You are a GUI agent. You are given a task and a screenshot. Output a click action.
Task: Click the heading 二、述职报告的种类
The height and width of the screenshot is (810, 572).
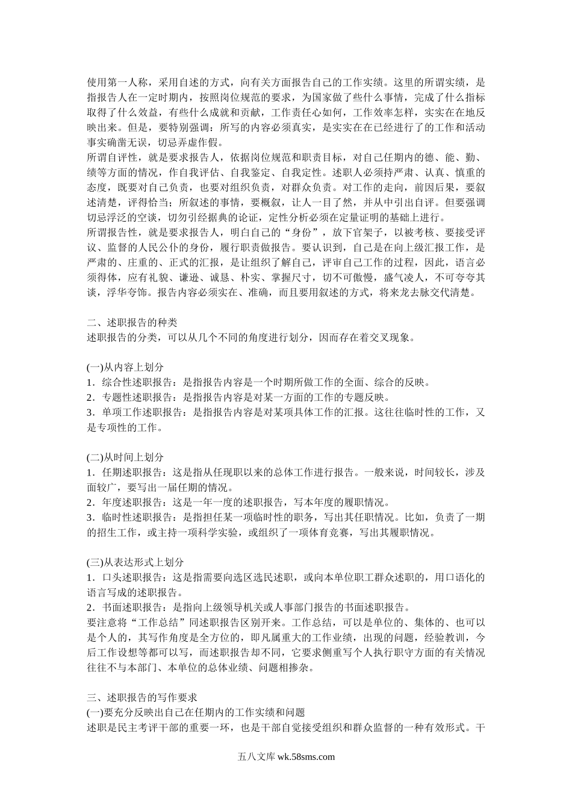[132, 322]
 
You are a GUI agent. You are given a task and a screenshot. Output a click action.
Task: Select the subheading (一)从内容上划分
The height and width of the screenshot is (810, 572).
[125, 366]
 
